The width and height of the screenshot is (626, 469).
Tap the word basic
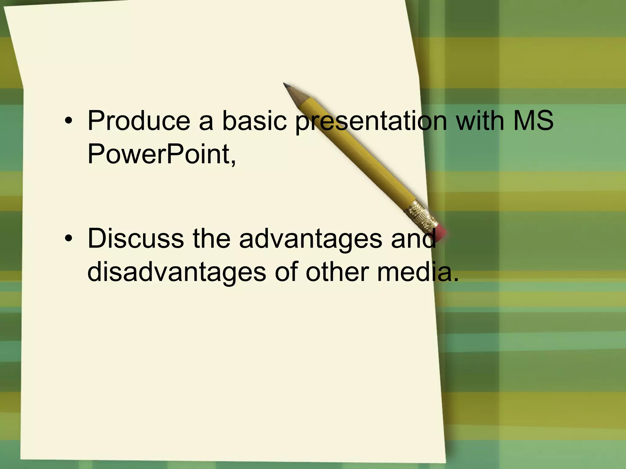pos(254,121)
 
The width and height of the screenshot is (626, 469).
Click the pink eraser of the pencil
pos(440,231)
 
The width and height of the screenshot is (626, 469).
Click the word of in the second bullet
pos(286,272)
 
